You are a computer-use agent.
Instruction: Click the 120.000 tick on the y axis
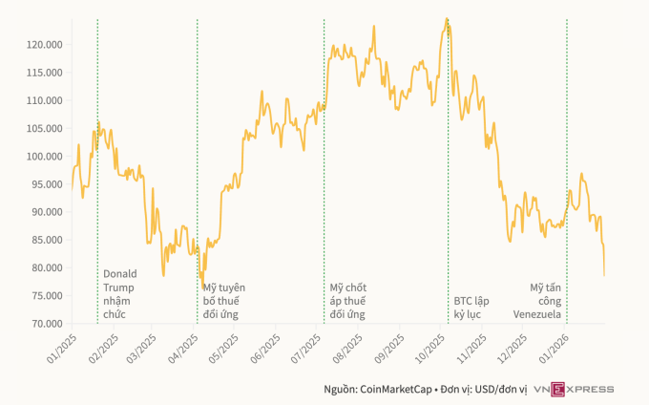(x=43, y=44)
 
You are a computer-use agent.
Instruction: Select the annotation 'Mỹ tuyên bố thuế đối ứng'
(x=224, y=300)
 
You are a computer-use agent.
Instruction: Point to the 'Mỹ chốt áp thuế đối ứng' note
(x=348, y=300)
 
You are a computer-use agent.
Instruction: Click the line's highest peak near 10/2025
(x=447, y=19)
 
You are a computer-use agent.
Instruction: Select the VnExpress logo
(x=574, y=389)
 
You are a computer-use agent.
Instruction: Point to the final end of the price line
(x=604, y=275)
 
